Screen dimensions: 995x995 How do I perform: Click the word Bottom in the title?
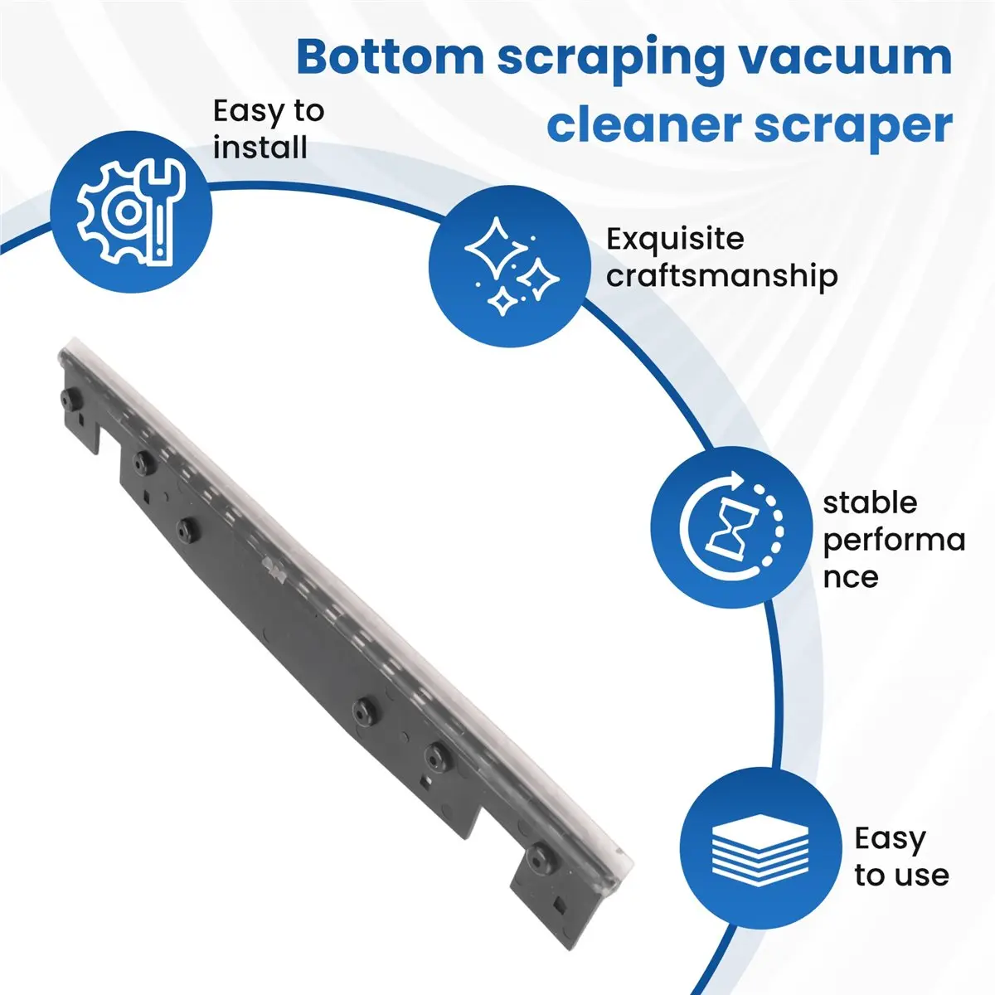(x=390, y=58)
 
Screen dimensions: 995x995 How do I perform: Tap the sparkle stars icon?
(x=510, y=266)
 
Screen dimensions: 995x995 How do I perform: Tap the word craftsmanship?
(x=721, y=276)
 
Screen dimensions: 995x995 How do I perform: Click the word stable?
(x=870, y=502)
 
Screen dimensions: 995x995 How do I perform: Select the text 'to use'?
(x=901, y=876)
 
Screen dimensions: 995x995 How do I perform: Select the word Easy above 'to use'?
(x=890, y=838)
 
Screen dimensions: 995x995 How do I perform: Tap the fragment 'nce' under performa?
(x=851, y=577)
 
